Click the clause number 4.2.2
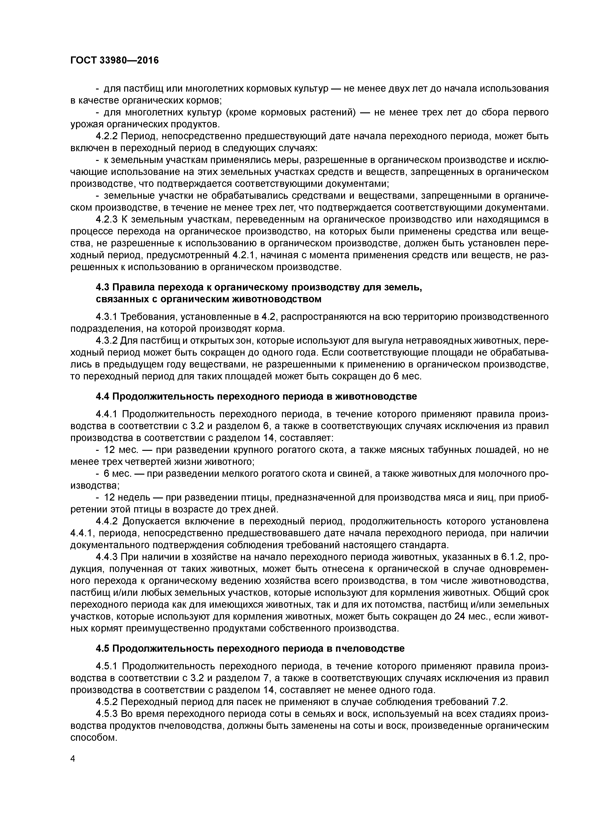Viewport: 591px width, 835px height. (x=107, y=136)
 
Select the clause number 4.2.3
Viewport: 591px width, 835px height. (x=107, y=220)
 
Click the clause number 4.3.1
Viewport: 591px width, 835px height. (x=107, y=317)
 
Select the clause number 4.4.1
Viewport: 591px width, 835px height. (x=107, y=414)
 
